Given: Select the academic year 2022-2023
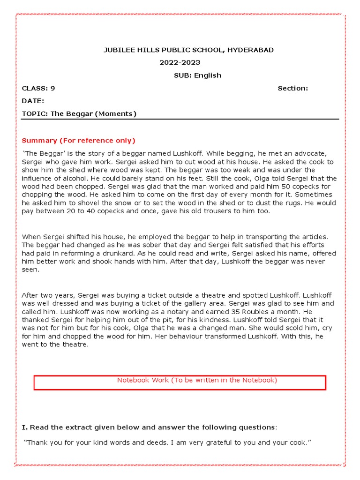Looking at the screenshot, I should (x=180, y=62).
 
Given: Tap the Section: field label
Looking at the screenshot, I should (x=292, y=88).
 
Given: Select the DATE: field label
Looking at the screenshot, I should (x=33, y=101).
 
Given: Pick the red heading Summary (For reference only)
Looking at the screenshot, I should (x=78, y=141).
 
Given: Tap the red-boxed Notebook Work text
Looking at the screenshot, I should (x=197, y=380).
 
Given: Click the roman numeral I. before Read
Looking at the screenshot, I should (x=25, y=427).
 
